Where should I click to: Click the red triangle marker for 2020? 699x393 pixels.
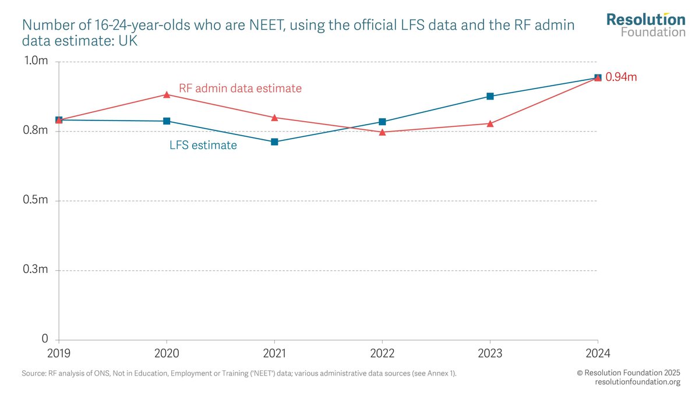click(x=167, y=94)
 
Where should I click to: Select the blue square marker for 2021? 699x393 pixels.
click(x=274, y=142)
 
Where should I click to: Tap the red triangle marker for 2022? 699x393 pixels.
click(x=382, y=132)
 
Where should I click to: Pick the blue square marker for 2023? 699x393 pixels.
click(x=490, y=96)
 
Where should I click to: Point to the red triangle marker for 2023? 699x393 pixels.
click(x=490, y=123)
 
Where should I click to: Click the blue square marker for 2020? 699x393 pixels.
click(x=167, y=121)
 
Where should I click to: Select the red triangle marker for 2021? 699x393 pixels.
click(x=274, y=118)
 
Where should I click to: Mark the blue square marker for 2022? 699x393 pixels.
click(x=382, y=122)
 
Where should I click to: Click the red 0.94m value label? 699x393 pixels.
click(x=622, y=77)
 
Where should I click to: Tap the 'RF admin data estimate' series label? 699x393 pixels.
click(x=240, y=88)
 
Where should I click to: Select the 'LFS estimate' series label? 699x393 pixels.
click(x=203, y=146)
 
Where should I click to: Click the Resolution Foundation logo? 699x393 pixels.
click(x=645, y=25)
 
